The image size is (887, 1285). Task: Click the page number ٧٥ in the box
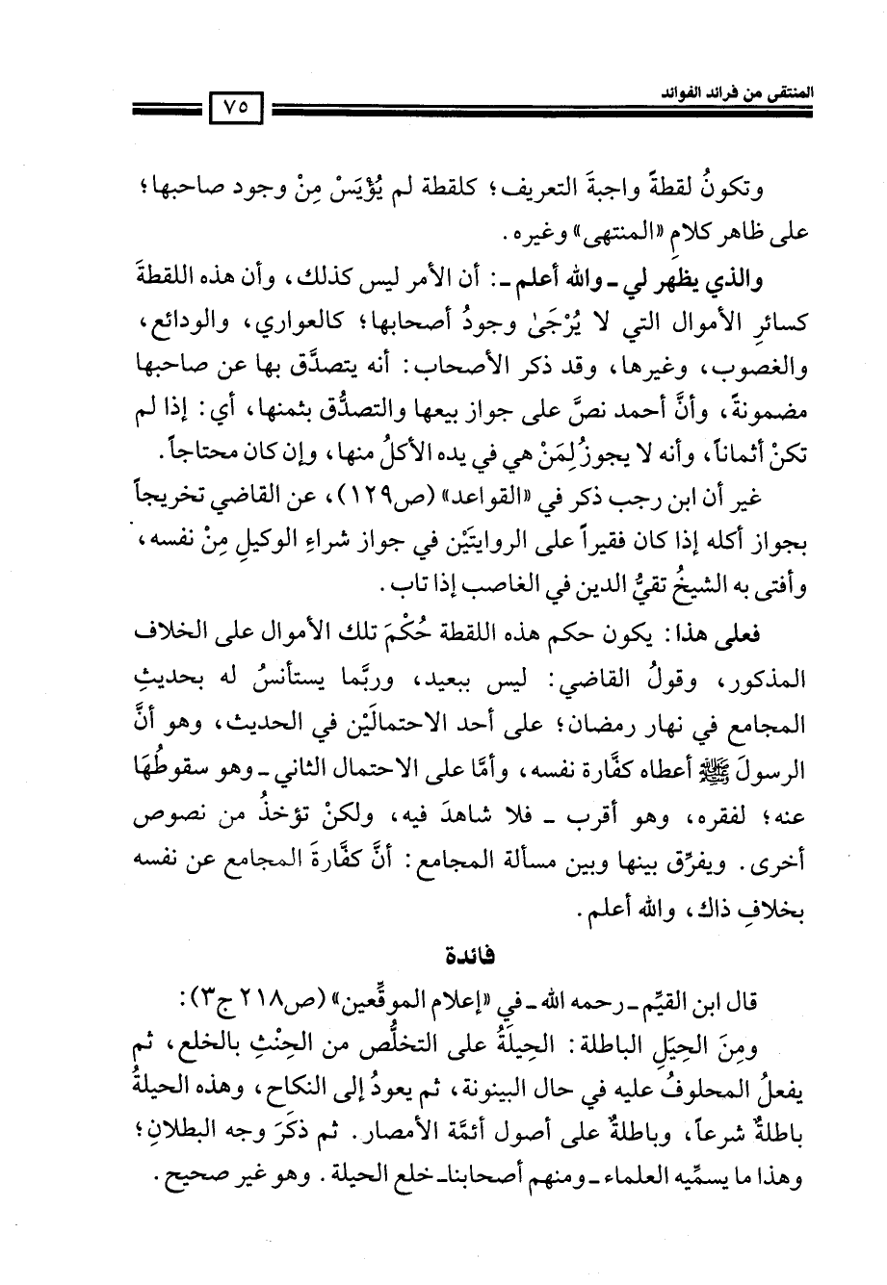tap(235, 108)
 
